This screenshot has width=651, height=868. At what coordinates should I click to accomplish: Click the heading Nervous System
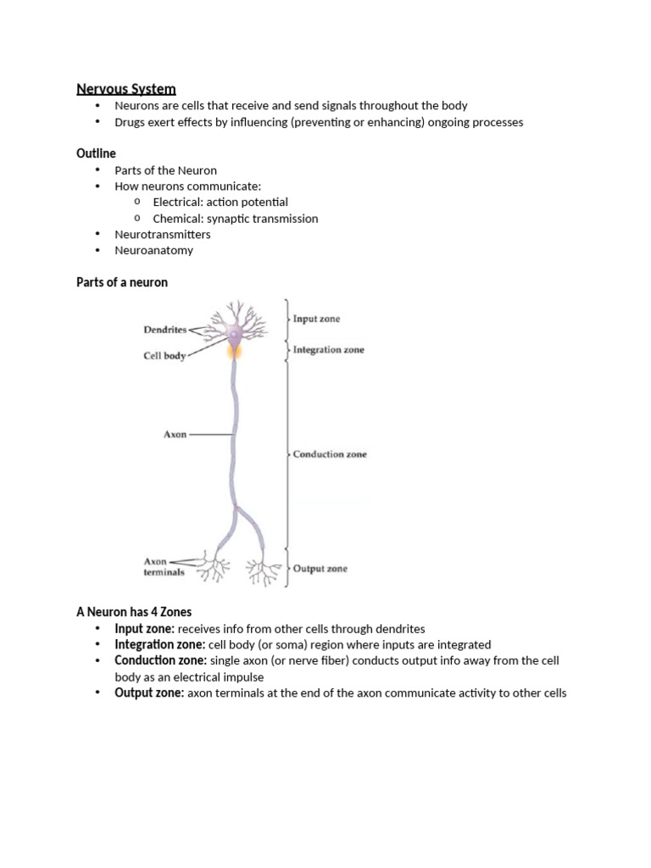pos(126,88)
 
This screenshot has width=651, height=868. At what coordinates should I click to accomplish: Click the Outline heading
pos(96,153)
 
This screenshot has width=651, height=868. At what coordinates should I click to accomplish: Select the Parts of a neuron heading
pos(122,282)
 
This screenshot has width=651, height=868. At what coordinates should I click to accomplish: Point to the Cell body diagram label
pos(164,357)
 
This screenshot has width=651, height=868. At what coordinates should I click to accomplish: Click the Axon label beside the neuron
pos(175,435)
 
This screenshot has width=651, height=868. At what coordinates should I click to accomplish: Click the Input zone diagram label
pos(316,320)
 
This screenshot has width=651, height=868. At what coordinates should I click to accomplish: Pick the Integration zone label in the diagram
pos(328,349)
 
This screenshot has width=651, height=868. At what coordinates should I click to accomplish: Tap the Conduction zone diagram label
pos(330,454)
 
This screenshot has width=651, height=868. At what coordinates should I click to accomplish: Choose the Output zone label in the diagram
pos(320,569)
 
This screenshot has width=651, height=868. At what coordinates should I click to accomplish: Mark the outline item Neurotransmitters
pos(163,234)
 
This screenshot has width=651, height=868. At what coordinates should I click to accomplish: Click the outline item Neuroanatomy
pos(153,250)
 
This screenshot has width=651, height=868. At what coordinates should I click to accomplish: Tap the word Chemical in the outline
pos(177,218)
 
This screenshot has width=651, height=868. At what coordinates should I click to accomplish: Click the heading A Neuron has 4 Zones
pos(134,612)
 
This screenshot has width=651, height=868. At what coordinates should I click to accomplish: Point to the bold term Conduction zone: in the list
pos(160,660)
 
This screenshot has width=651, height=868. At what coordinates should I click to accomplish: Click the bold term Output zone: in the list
pos(149,693)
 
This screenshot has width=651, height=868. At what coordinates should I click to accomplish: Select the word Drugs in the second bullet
pos(131,121)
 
